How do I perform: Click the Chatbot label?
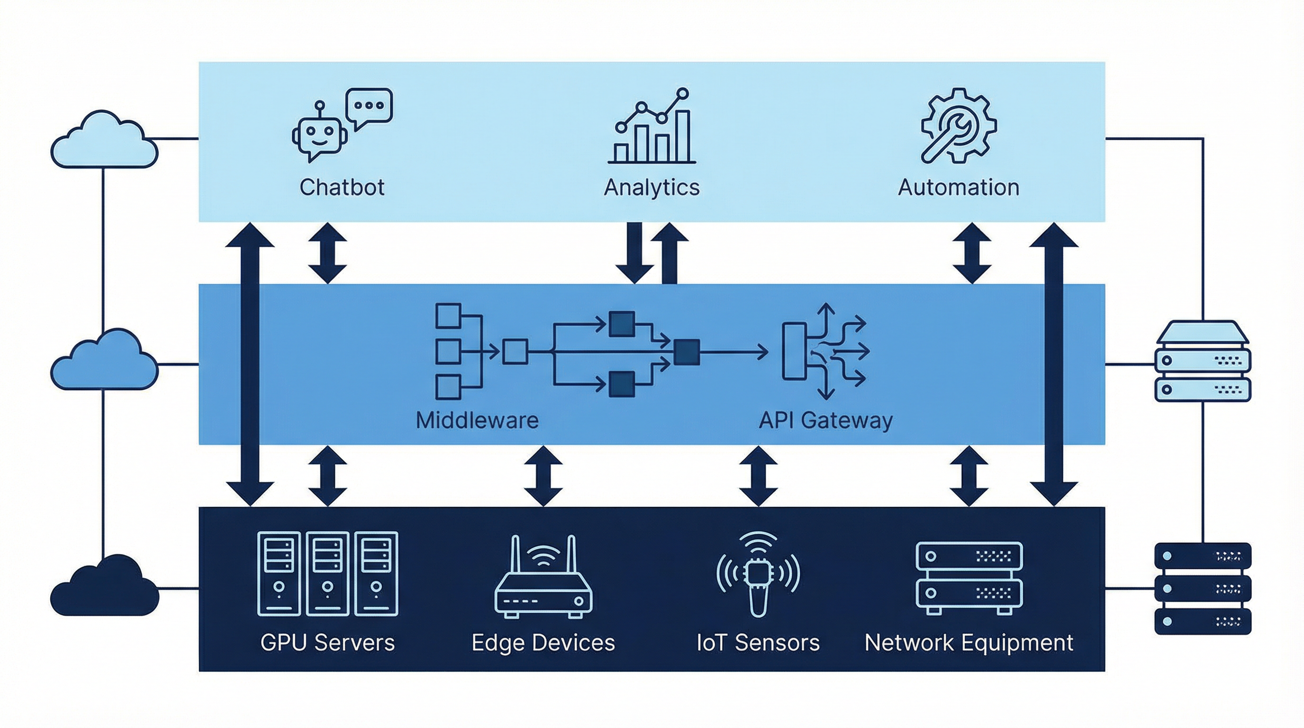342,187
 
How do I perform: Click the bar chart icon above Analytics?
652,129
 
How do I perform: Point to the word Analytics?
652,187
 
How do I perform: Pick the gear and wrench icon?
958,126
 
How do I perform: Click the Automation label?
958,187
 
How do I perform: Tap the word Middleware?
477,420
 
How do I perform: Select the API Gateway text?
825,420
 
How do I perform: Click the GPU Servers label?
327,642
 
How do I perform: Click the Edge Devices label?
543,642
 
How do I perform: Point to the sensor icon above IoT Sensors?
758,574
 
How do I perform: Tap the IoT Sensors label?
758,642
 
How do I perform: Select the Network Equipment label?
969,642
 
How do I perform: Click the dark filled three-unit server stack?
1203,589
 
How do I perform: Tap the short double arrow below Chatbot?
327,253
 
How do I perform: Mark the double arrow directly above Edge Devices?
543,476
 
